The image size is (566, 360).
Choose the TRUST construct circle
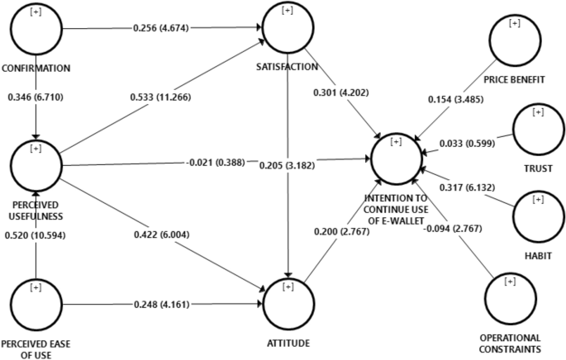538,128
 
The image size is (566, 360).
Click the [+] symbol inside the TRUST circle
539,111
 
